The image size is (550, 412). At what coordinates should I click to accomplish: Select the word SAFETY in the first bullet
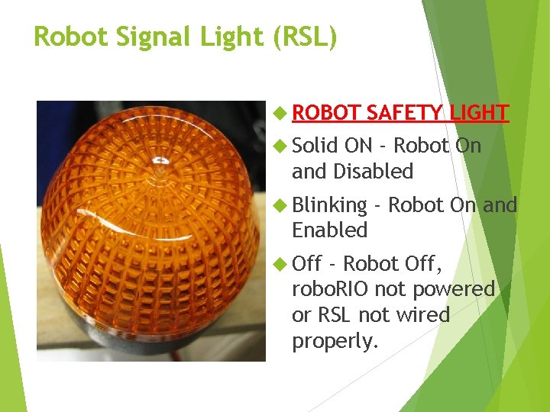[403, 113]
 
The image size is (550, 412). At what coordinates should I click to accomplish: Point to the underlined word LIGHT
[479, 113]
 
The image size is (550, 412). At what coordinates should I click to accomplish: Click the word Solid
[315, 145]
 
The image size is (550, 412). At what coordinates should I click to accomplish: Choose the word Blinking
[329, 204]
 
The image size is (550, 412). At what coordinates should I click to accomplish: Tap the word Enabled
[329, 230]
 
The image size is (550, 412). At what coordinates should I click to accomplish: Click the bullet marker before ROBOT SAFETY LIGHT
[280, 114]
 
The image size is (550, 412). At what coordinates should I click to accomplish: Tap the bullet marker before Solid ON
[280, 146]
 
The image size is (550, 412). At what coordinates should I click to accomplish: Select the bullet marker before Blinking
[280, 205]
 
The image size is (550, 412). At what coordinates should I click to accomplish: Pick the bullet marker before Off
[280, 265]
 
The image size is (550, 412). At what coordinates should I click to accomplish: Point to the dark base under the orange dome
[153, 352]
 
